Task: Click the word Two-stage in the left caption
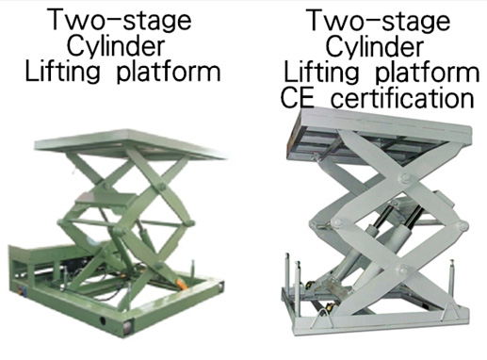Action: pos(120,20)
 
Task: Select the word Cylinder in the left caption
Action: pos(116,47)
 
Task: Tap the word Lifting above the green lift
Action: pos(62,73)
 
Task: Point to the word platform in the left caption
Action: pos(169,73)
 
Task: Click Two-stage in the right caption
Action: pos(378,20)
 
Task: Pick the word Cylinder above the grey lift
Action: pos(375,47)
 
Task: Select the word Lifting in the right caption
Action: pos(321,73)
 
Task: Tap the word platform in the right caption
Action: pos(428,73)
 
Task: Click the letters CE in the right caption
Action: pos(297,98)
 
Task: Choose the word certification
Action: pos(402,98)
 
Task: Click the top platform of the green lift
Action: pos(130,145)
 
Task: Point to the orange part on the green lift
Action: pos(182,284)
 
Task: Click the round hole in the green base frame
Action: pos(103,320)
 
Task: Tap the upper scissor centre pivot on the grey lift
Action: pos(405,177)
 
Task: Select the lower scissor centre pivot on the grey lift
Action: pos(403,270)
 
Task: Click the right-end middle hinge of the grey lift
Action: pos(463,225)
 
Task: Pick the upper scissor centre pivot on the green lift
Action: pos(161,187)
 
